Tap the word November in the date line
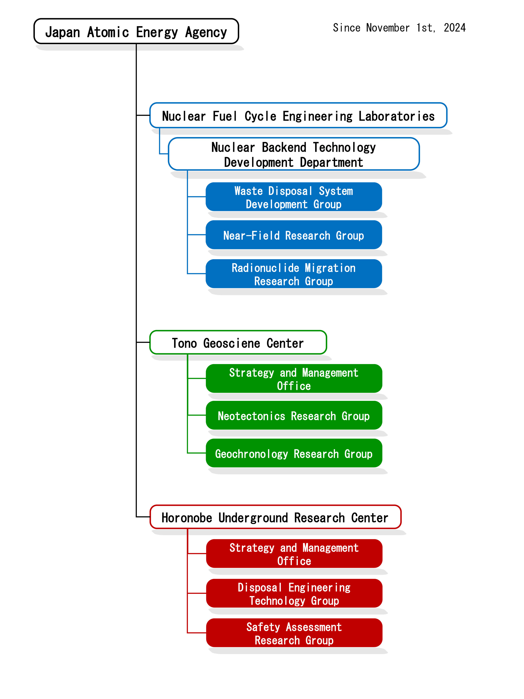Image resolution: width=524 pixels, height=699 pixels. point(388,28)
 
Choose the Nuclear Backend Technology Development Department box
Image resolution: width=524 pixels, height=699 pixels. point(293,154)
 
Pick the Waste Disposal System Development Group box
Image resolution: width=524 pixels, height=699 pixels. point(293,197)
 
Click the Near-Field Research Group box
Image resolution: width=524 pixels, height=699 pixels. point(293,235)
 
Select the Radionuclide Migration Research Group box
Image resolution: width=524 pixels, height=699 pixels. point(293,274)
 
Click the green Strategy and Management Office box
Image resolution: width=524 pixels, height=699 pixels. point(293,379)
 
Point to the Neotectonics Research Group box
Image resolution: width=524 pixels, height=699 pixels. point(293,415)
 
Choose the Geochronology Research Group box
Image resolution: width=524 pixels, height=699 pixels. point(293,453)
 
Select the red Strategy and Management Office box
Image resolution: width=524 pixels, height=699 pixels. point(294,554)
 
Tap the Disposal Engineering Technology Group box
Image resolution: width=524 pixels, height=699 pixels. point(294,593)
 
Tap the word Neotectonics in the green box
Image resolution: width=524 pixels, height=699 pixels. point(251,416)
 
